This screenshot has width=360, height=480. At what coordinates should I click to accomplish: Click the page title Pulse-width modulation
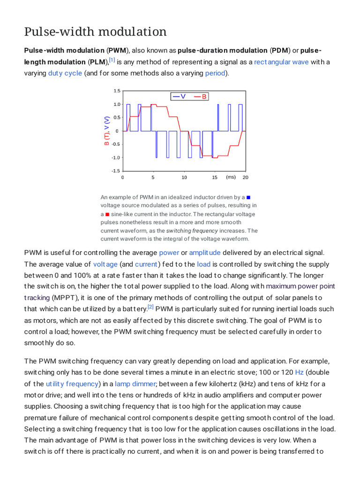pos(95,32)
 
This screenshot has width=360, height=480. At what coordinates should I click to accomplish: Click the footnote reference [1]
pos(112,60)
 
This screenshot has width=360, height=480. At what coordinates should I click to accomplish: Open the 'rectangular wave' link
pos(281,62)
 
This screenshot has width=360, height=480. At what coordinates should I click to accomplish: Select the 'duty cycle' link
pos(65,73)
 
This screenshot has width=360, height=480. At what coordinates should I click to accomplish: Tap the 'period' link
pos(215,73)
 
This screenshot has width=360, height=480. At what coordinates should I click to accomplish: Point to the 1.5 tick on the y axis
pos(117,91)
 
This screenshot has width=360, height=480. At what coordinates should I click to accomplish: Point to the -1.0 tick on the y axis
pos(116,157)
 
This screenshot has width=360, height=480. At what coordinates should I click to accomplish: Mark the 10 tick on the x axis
pos(184,178)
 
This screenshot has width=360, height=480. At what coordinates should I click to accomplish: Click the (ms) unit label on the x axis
pos(231,177)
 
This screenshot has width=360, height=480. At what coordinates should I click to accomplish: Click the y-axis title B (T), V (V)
pos(107,131)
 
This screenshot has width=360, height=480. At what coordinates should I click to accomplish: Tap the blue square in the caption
pos(248,197)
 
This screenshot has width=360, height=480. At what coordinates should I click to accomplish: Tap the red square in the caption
pos(107,214)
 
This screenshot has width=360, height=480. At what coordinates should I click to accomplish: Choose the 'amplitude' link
pos(204,253)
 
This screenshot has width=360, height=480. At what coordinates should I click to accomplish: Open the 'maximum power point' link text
pos(300,286)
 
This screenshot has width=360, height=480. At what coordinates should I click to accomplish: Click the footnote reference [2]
pos(150,307)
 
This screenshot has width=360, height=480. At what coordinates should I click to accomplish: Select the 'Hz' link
pos(299,373)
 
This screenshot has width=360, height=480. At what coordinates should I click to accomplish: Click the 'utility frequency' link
pos(72,384)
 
